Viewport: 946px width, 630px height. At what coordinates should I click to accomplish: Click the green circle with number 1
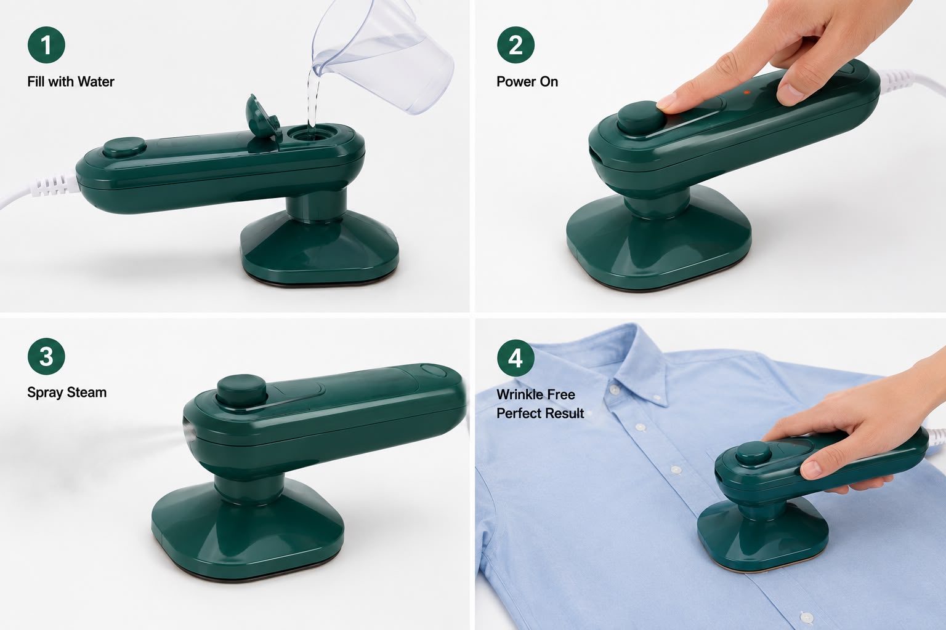click(46, 45)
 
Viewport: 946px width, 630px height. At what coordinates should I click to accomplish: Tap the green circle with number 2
click(515, 45)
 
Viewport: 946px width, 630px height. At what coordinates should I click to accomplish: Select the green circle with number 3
click(46, 356)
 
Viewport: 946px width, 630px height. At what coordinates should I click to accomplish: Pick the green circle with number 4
click(515, 358)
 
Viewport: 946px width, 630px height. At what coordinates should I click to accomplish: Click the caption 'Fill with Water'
click(71, 81)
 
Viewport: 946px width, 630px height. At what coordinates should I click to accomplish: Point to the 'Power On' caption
click(527, 81)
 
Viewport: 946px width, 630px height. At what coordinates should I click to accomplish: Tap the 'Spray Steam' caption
click(67, 393)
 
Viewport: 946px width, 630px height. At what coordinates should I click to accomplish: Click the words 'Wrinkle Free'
click(535, 394)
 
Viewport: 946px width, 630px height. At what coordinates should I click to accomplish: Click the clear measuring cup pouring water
click(380, 55)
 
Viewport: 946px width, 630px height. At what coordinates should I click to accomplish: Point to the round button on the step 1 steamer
click(124, 148)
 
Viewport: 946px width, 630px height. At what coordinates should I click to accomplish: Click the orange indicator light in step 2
click(746, 92)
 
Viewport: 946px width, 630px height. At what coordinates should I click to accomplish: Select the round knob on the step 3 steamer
click(241, 390)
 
